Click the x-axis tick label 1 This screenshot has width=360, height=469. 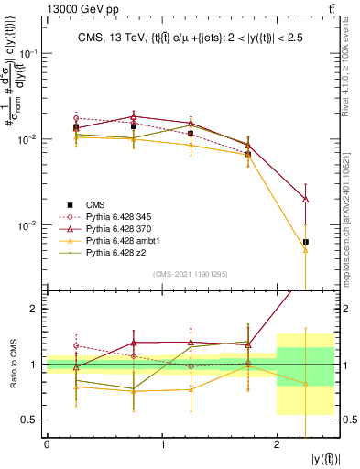[x=162, y=444]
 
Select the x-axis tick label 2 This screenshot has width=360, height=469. [x=277, y=444]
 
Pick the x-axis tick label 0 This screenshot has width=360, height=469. [x=47, y=444]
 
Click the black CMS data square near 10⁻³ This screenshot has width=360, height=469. [x=305, y=242]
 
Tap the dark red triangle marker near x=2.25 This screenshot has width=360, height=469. [x=305, y=199]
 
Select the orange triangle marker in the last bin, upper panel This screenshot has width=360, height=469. [x=305, y=249]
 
